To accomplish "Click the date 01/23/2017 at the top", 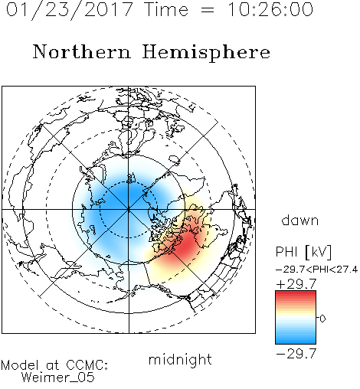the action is click(x=70, y=10).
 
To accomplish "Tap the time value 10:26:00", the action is click(x=270, y=10).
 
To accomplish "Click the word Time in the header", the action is click(x=166, y=10).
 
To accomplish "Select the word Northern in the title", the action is click(x=82, y=52).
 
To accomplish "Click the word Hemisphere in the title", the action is click(x=206, y=53).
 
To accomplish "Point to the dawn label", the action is click(x=300, y=220).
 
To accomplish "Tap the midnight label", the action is click(x=180, y=360).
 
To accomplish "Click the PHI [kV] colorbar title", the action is click(x=303, y=252).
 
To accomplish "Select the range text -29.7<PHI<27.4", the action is click(x=316, y=270).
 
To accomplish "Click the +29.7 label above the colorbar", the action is click(x=296, y=284).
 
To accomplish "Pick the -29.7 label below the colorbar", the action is click(x=296, y=354).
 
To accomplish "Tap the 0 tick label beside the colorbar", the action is click(x=322, y=319).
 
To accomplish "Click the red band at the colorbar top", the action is click(x=296, y=294).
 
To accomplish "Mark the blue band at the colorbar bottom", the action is click(x=296, y=341).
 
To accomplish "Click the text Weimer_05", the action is click(x=58, y=378).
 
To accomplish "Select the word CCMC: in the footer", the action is click(x=87, y=365).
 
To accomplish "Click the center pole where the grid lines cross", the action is click(x=129, y=210).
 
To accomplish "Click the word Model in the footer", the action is click(x=20, y=365).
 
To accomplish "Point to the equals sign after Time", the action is click(x=208, y=10).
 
